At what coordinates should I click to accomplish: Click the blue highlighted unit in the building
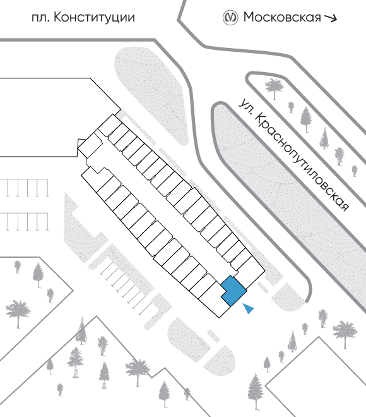[x=233, y=291]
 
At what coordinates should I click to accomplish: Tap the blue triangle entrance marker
[x=249, y=308]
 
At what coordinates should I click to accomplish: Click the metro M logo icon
[x=230, y=18]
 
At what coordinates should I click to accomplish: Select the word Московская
[x=282, y=17]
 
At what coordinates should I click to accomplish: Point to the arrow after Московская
[x=331, y=18]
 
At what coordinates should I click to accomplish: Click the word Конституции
[x=94, y=18]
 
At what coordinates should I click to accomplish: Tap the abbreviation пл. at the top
[x=40, y=18]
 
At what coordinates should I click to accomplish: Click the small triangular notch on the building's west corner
[x=81, y=143]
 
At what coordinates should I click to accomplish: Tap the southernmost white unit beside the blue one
[x=215, y=301]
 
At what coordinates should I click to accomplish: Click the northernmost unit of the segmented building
[x=110, y=126]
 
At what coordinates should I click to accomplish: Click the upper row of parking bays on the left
[x=25, y=188]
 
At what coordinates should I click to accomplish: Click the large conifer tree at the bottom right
[x=256, y=391]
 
